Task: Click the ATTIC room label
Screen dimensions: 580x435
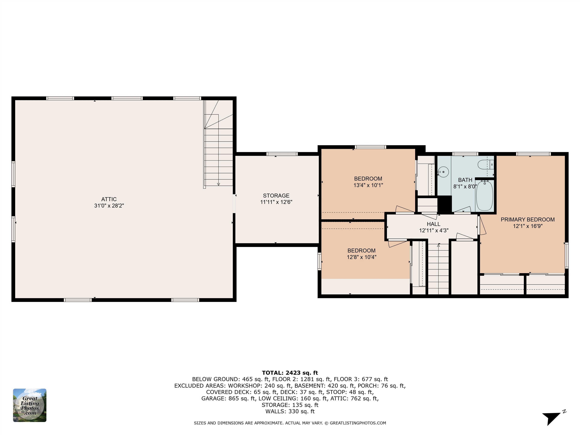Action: [x=109, y=199]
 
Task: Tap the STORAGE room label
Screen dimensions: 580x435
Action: [x=276, y=196]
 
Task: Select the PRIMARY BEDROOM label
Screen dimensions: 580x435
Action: [x=528, y=219]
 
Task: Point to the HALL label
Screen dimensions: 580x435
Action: [x=433, y=224]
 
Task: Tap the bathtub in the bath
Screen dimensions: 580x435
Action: [x=484, y=195]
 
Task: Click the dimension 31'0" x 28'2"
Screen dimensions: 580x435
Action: [x=109, y=206]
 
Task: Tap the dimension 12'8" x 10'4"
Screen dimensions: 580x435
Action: [x=361, y=257]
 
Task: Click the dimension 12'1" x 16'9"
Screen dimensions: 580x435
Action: [x=528, y=226]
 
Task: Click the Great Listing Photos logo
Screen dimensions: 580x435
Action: [x=30, y=405]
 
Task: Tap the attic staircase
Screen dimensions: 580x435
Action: [x=218, y=144]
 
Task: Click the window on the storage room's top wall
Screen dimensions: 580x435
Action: [x=282, y=154]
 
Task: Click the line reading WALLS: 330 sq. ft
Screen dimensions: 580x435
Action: [x=290, y=411]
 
